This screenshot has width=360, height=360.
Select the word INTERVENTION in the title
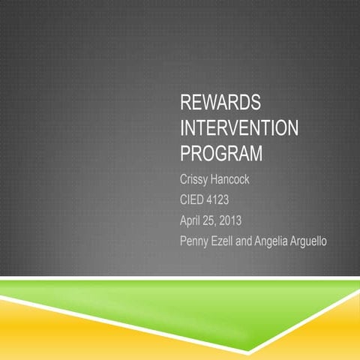(239, 129)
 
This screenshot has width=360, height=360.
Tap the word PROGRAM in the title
(221, 153)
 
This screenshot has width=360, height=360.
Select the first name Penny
(196, 241)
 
